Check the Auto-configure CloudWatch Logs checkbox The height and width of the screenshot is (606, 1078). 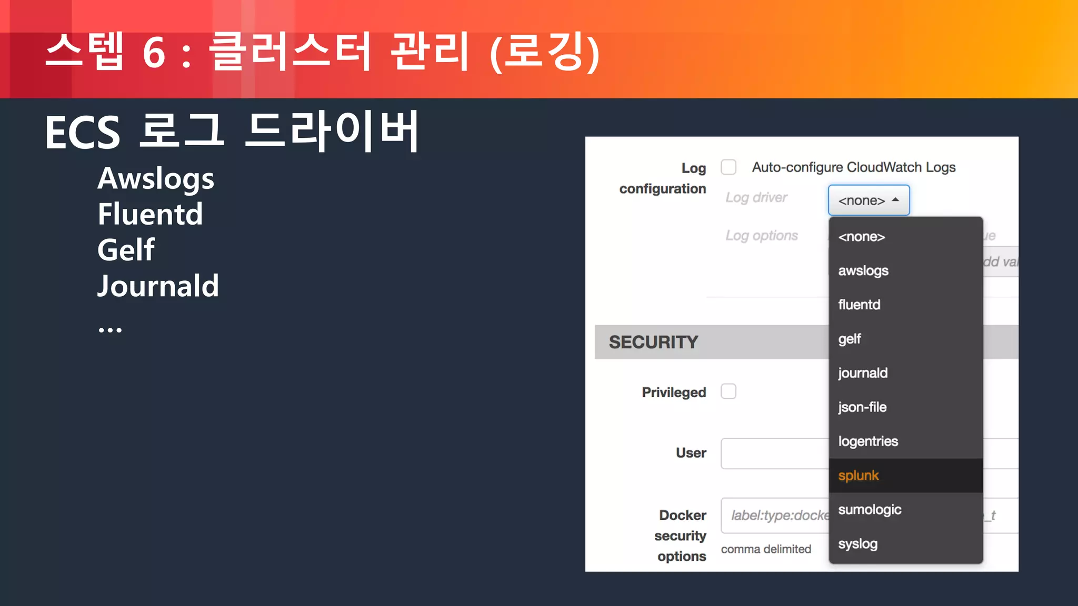pos(728,167)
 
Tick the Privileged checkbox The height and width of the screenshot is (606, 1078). pos(728,391)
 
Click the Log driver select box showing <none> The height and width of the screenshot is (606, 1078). pos(869,200)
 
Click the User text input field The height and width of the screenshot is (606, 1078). pos(774,453)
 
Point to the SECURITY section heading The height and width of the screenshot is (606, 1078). pos(653,342)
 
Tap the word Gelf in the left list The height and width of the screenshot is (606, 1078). pos(126,250)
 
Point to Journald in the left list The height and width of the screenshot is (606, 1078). pos(158,286)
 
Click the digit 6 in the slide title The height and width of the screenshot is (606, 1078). pos(154,53)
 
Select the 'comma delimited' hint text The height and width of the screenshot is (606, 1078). pos(766,549)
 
